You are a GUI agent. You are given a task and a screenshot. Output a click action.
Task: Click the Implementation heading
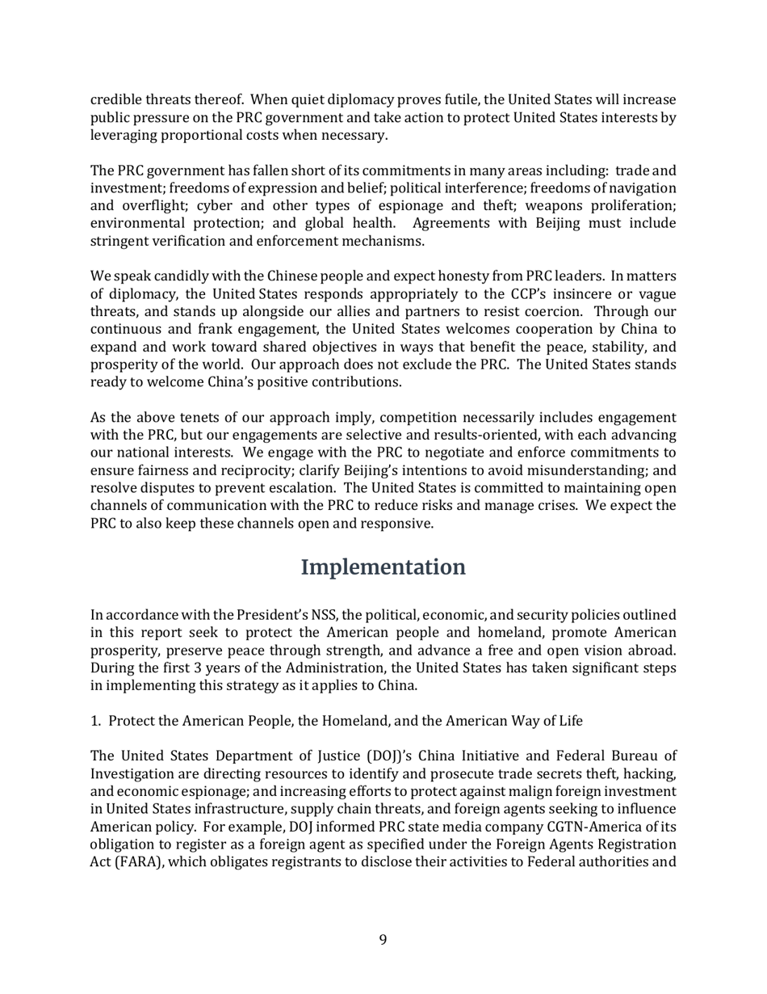[x=383, y=567]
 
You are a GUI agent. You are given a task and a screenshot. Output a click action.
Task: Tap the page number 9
[x=383, y=939]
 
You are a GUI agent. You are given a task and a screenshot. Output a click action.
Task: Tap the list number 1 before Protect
[x=94, y=721]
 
